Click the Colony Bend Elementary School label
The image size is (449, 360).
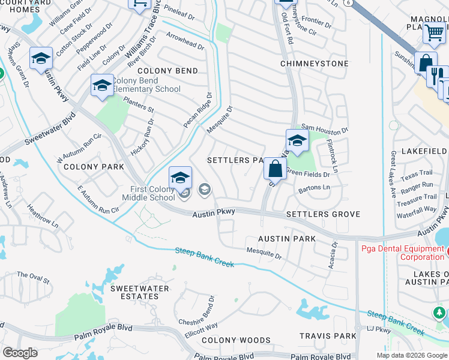tap(146, 85)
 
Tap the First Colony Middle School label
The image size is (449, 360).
tap(148, 193)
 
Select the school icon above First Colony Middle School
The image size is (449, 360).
tap(180, 178)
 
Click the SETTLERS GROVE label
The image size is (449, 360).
tap(323, 214)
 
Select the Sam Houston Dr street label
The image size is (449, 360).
tap(325, 128)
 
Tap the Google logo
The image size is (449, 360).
tap(20, 353)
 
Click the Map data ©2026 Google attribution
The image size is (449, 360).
tap(411, 355)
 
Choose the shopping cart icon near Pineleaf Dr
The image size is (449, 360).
tap(139, 4)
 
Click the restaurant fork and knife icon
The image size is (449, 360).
tap(438, 74)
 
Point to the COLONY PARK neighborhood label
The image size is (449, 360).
tap(89, 166)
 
